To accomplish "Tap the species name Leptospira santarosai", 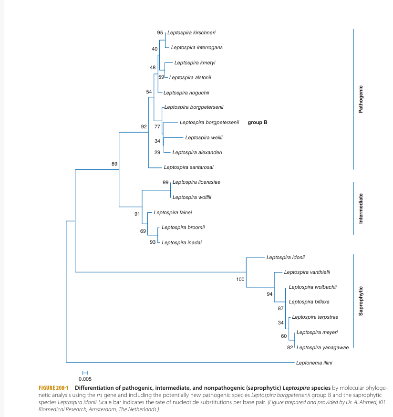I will [x=188, y=167].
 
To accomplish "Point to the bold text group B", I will [x=258, y=122].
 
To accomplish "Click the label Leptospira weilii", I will [x=204, y=137].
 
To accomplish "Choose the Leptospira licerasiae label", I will [x=196, y=182].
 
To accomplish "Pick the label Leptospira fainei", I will [x=173, y=212].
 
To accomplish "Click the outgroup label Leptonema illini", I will [x=314, y=363].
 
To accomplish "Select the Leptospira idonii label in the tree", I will [x=285, y=257].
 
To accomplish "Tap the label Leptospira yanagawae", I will [x=322, y=347].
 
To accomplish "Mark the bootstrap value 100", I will [x=240, y=279].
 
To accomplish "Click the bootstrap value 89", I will [x=114, y=164].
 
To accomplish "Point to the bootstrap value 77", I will [x=157, y=126].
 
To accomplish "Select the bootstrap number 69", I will [x=143, y=231].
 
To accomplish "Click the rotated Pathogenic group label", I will [x=361, y=99].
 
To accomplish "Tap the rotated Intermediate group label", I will [x=361, y=208].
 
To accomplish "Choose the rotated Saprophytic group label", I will [x=361, y=301].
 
